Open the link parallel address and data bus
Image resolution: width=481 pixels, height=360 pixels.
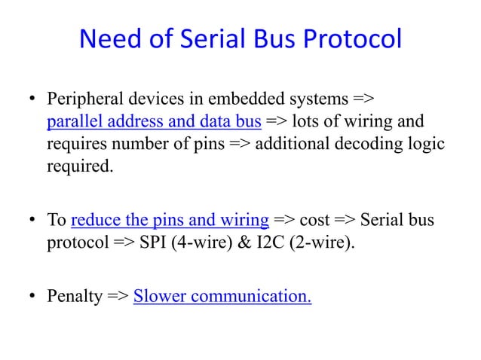coord(154,121)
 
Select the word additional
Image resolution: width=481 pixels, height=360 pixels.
coord(290,143)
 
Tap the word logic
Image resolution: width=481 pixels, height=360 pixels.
coord(425,143)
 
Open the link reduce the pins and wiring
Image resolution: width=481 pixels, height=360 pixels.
coord(170,220)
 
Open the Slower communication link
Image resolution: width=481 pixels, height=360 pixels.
coord(222,296)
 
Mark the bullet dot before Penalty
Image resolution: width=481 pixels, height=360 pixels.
coord(34,297)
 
